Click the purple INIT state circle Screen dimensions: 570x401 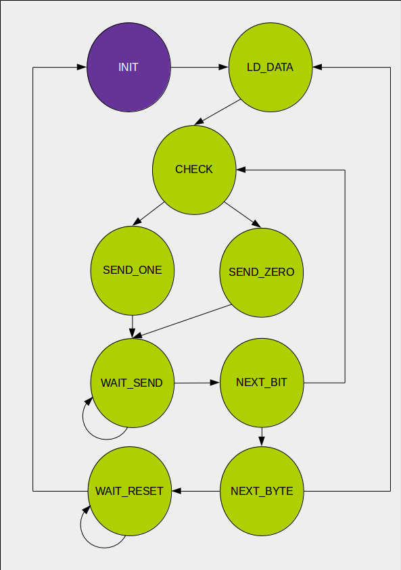pyautogui.click(x=128, y=68)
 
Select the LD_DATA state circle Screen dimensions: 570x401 pyautogui.click(x=270, y=68)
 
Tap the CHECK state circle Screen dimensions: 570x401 pyautogui.click(x=194, y=169)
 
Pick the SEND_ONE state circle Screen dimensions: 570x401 pyautogui.click(x=132, y=270)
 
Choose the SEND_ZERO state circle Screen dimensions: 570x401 pyautogui.click(x=261, y=272)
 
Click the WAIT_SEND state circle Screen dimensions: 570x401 pyautogui.click(x=133, y=383)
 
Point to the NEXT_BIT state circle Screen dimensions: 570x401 pyautogui.click(x=262, y=383)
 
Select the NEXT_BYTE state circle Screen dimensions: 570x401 pyautogui.click(x=262, y=491)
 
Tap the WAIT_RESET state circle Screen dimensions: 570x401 pyautogui.click(x=129, y=491)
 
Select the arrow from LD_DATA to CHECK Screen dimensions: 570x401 pyautogui.click(x=218, y=112)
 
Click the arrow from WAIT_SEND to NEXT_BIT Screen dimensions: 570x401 pyautogui.click(x=197, y=383)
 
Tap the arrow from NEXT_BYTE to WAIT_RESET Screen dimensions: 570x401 pyautogui.click(x=196, y=491)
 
